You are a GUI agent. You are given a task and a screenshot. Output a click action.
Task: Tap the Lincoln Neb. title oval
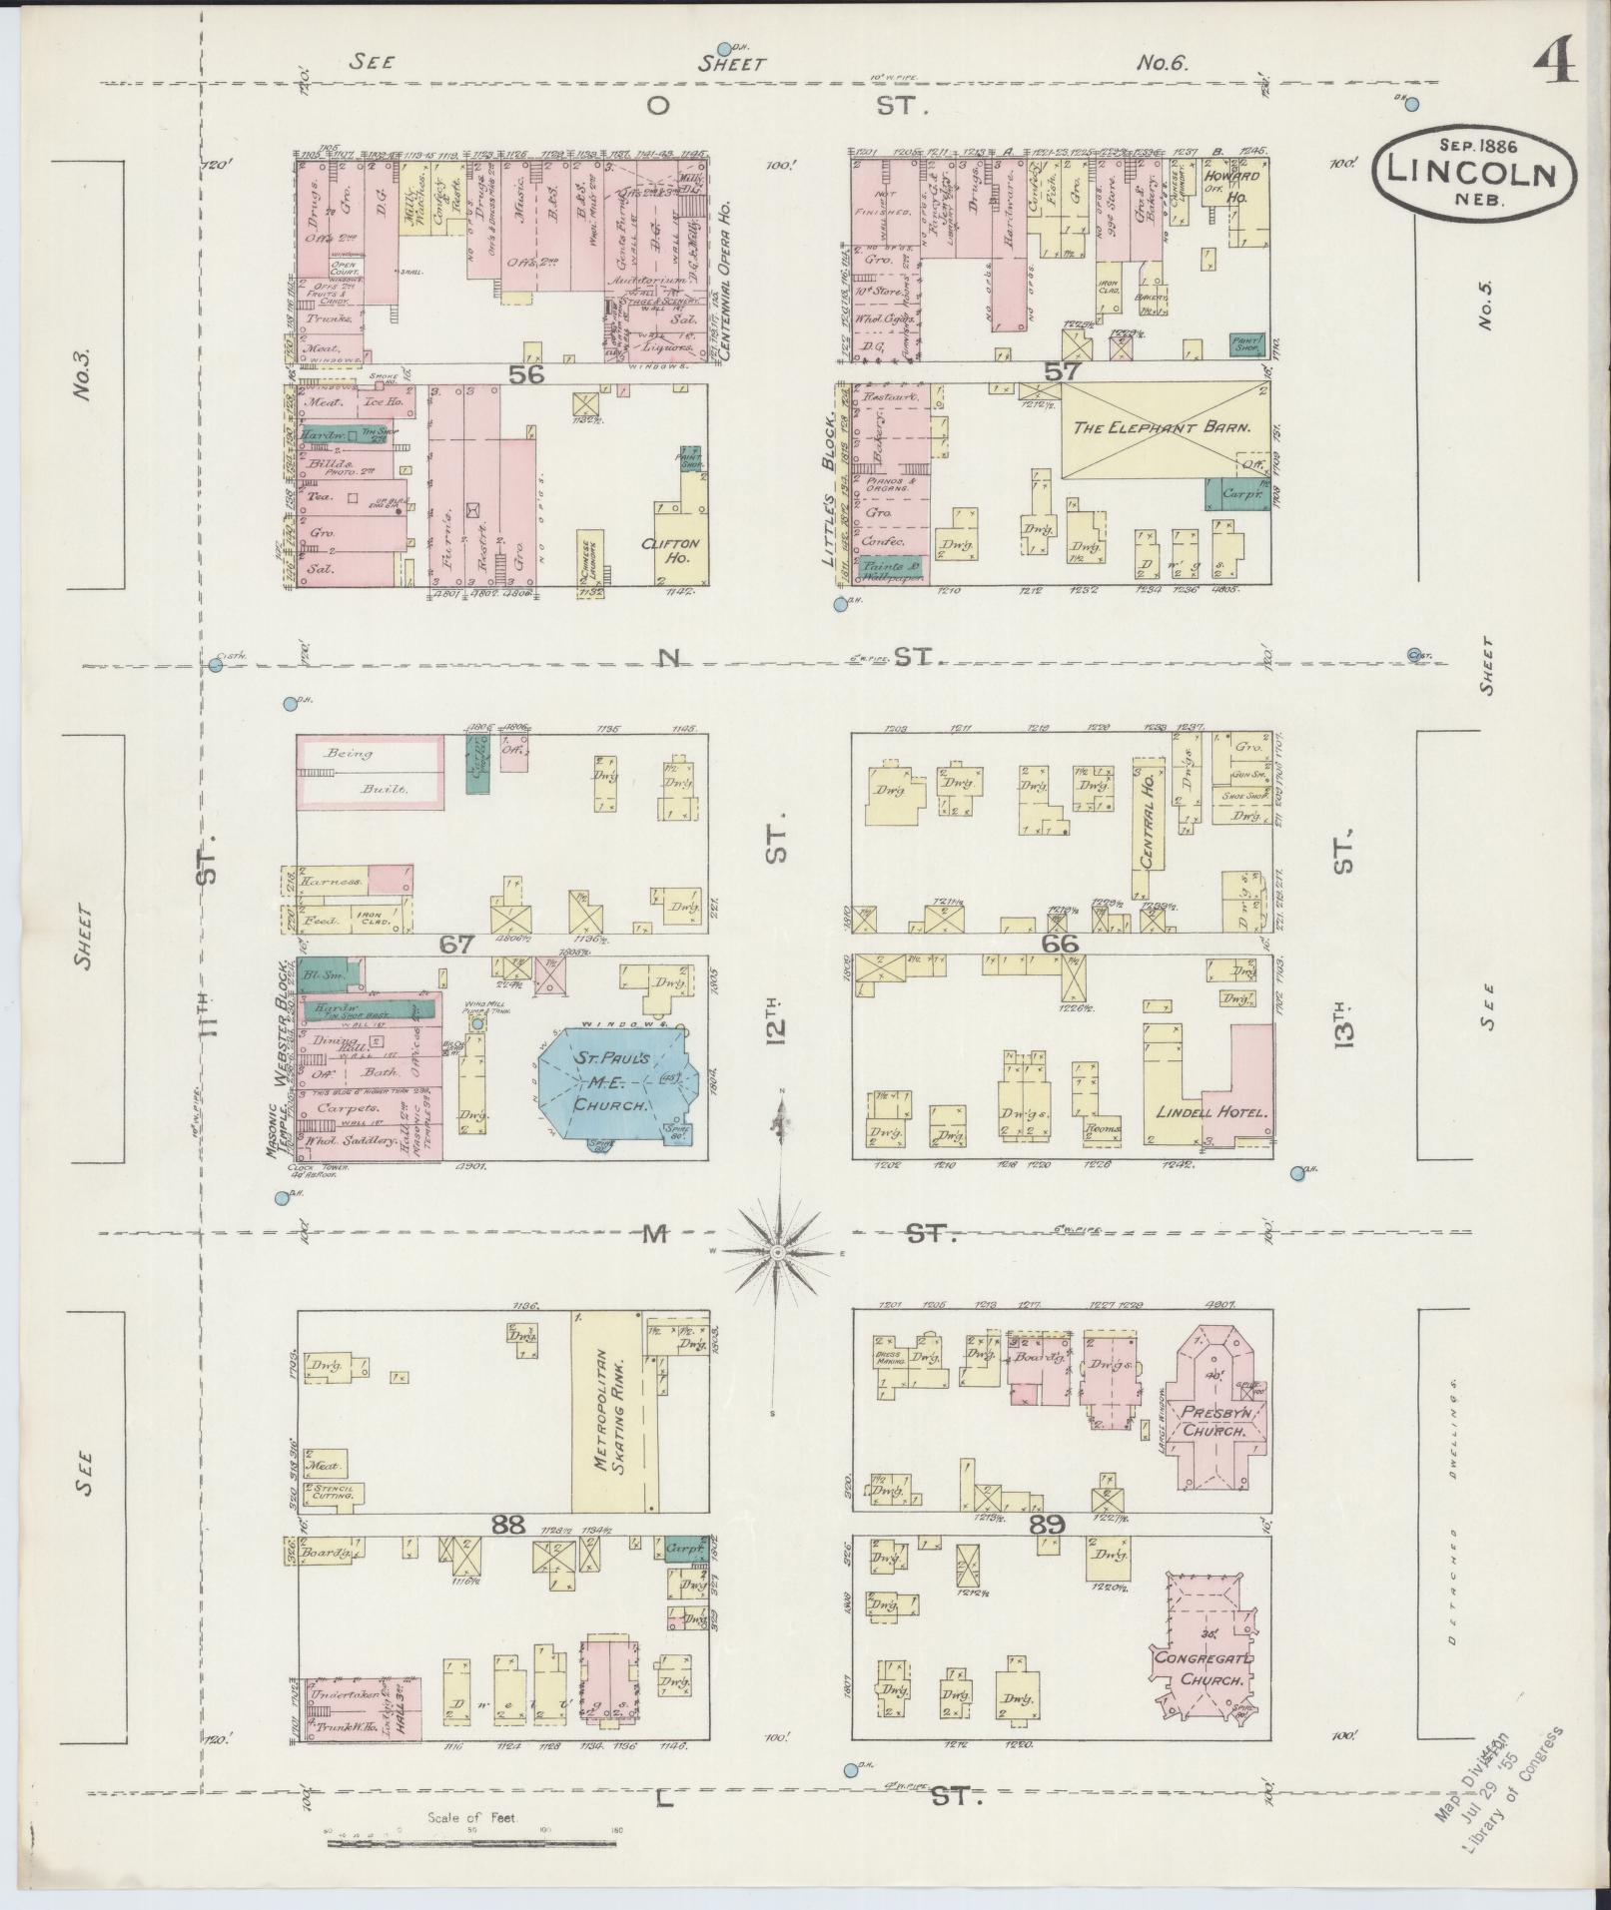click(x=1474, y=169)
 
